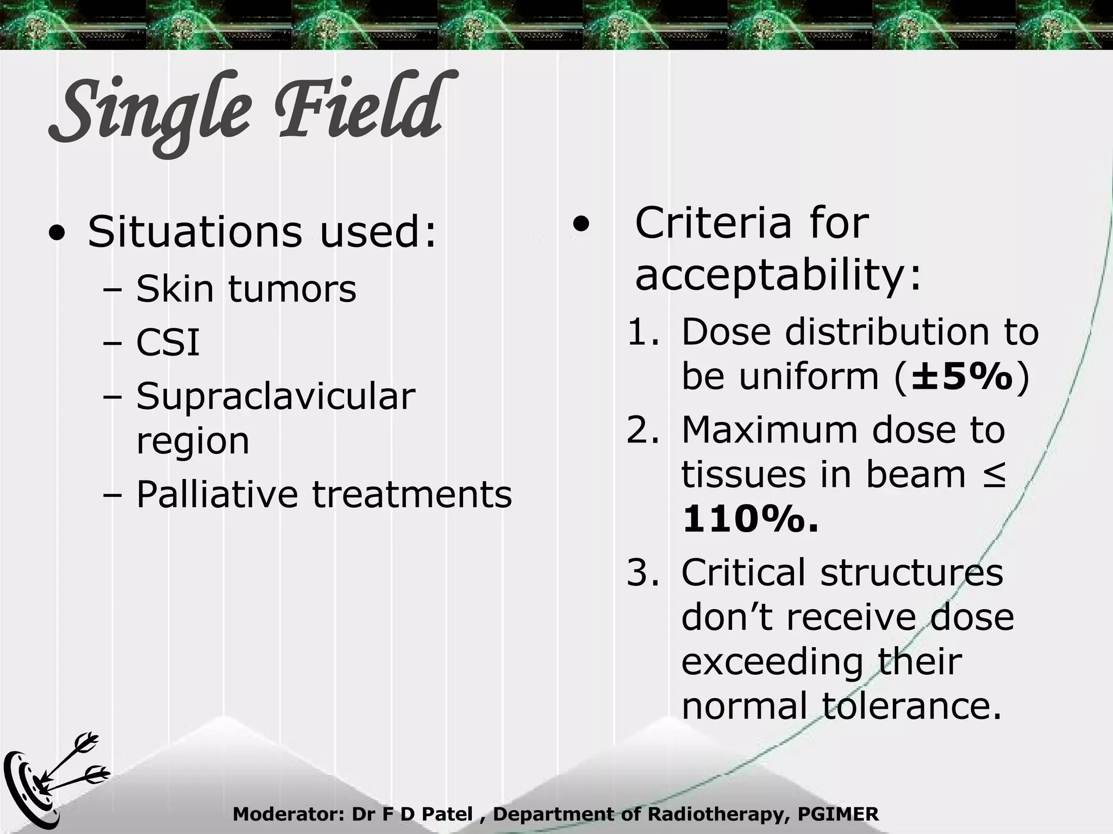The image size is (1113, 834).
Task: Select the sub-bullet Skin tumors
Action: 246,288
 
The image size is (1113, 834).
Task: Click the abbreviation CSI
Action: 168,343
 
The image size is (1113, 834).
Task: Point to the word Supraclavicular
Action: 276,396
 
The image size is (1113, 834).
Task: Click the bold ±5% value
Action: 962,376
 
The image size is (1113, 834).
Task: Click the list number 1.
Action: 641,332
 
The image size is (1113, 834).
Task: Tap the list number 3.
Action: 641,573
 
